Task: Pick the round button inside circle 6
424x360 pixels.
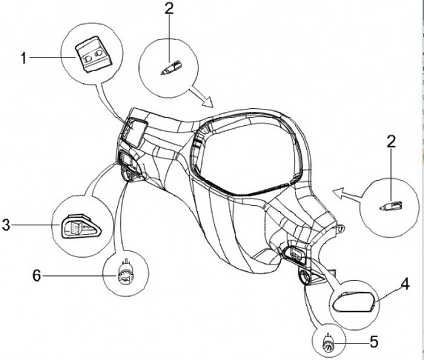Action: point(124,275)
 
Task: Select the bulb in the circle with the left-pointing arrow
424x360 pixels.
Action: point(390,206)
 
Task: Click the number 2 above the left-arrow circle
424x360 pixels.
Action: point(391,142)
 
